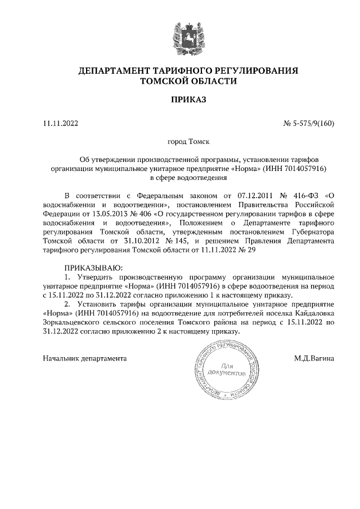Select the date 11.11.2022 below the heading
[61, 123]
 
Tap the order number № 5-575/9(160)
[308, 123]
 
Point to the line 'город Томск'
[188, 142]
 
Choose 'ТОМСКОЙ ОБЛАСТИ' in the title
[188, 82]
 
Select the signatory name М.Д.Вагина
[314, 358]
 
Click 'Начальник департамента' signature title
[84, 358]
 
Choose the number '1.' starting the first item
[68, 277]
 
